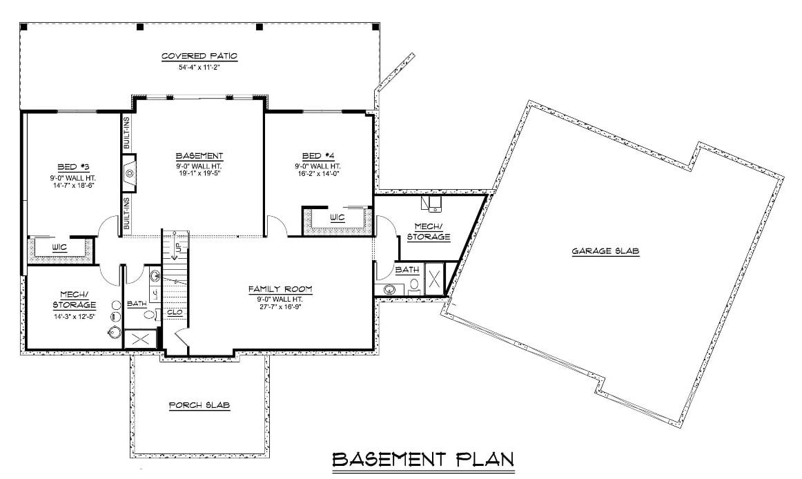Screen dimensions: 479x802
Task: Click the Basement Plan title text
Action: (423, 459)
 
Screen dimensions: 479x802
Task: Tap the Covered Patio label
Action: (199, 56)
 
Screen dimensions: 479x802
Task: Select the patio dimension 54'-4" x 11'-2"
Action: (199, 67)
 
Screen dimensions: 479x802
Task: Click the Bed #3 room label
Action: (71, 166)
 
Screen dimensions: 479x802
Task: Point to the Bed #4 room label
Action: (317, 155)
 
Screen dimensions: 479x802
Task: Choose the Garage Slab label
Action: (605, 252)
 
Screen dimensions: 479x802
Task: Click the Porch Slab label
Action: (199, 406)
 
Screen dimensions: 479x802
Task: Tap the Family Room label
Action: (281, 289)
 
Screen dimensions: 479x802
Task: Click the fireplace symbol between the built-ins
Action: (129, 173)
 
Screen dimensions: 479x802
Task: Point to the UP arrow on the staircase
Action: (177, 247)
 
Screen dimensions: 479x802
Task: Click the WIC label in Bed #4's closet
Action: (337, 217)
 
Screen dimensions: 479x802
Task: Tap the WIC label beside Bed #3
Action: (59, 246)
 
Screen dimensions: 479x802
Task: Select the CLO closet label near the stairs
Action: (175, 313)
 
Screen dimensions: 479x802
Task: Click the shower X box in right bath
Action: (434, 280)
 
